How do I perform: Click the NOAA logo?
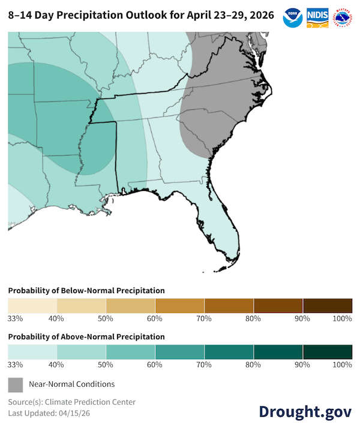click(292, 16)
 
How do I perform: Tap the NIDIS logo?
click(317, 16)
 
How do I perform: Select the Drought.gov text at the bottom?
click(305, 411)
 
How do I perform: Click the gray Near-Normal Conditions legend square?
click(16, 384)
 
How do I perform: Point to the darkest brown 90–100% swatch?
click(328, 305)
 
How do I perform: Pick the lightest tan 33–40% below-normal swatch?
click(32, 305)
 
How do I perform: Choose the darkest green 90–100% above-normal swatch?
click(328, 351)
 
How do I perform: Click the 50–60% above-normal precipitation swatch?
click(131, 351)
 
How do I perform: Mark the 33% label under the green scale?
click(15, 365)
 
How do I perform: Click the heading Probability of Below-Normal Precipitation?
click(86, 291)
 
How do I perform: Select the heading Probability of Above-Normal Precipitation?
click(86, 337)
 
